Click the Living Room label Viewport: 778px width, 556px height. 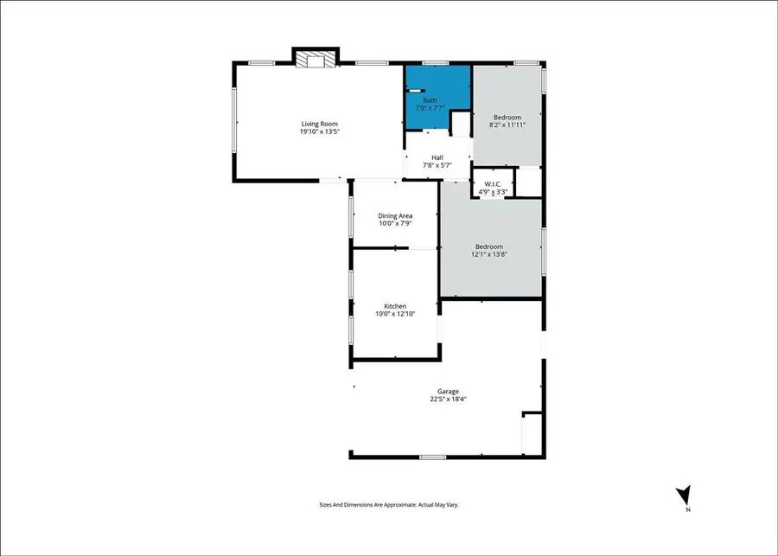click(x=318, y=124)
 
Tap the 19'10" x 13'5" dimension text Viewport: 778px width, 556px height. click(x=318, y=132)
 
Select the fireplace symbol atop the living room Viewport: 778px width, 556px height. click(x=315, y=59)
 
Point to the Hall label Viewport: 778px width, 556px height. click(x=437, y=157)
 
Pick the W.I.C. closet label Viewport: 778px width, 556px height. click(x=493, y=184)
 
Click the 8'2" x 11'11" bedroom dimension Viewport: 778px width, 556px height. click(x=507, y=125)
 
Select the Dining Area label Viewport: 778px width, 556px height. click(x=395, y=215)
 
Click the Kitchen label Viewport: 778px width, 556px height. click(x=395, y=306)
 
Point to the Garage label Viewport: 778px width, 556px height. click(x=447, y=391)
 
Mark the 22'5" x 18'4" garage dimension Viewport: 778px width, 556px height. click(x=447, y=399)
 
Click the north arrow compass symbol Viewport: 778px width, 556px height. click(x=683, y=496)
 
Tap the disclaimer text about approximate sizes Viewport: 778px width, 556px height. click(x=388, y=504)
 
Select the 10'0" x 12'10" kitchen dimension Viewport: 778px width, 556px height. click(x=395, y=314)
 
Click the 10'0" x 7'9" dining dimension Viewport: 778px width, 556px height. click(x=395, y=224)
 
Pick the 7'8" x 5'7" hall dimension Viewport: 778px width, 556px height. click(x=437, y=165)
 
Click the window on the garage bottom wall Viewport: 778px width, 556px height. click(x=432, y=457)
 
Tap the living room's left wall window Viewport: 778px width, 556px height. click(x=234, y=121)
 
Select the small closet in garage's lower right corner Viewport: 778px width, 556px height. click(x=532, y=432)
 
